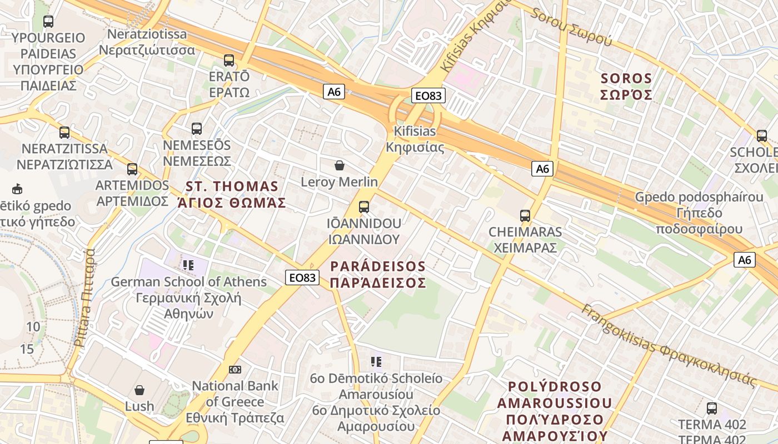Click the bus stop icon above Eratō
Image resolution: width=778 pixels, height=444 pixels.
(x=229, y=60)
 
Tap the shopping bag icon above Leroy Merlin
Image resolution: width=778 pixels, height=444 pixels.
(x=339, y=165)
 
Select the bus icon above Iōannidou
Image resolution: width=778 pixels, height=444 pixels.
(x=364, y=207)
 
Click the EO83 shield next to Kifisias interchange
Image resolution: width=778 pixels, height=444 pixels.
(x=428, y=95)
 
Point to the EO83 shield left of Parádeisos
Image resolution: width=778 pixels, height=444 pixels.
(x=302, y=277)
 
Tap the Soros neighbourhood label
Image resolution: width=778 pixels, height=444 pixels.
(x=626, y=86)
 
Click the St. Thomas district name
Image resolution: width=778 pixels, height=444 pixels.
(x=232, y=194)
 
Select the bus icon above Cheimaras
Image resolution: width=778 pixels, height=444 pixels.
(x=525, y=216)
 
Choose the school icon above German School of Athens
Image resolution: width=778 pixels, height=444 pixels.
(x=188, y=265)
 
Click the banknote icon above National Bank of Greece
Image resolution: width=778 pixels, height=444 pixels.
(x=235, y=370)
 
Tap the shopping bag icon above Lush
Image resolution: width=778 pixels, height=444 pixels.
(x=139, y=390)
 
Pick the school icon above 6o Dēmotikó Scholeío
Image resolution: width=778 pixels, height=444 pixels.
(x=376, y=362)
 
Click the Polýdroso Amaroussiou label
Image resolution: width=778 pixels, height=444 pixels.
(x=555, y=411)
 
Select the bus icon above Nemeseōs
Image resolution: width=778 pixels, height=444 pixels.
(x=197, y=129)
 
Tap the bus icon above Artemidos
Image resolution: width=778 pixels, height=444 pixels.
(x=132, y=169)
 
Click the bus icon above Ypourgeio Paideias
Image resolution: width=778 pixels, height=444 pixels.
(x=48, y=22)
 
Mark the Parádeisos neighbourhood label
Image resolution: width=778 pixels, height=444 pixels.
(x=378, y=274)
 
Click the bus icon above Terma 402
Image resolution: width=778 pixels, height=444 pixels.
(x=712, y=409)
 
